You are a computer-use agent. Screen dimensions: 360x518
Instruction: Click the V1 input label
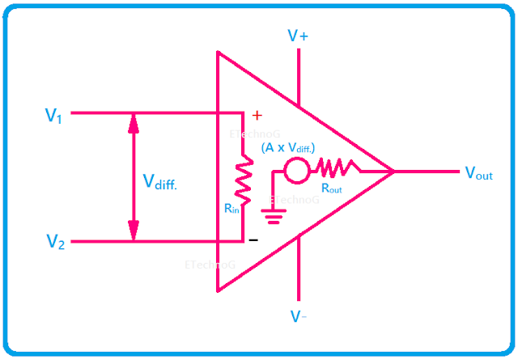pos(53,115)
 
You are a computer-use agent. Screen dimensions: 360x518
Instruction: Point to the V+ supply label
pos(298,36)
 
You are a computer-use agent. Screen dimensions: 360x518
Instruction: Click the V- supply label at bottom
pos(298,315)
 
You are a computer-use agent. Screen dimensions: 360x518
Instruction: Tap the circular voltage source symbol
pos(295,171)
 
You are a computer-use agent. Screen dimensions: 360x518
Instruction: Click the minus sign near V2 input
pos(253,240)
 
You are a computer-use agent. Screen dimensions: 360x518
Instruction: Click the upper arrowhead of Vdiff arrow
pos(134,121)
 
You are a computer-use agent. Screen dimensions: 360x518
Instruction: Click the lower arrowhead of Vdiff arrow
pos(134,233)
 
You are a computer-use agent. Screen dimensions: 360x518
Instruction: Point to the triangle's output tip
pos(392,171)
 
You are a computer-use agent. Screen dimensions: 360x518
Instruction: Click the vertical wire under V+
pos(299,78)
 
